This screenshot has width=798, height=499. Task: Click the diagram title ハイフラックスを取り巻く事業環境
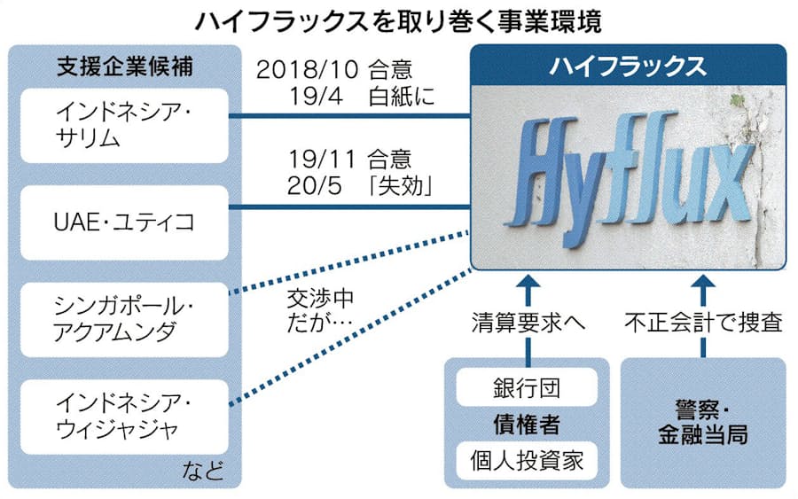pos(398,21)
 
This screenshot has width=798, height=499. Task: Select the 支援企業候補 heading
pos(125,66)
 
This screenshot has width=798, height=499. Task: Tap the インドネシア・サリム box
pos(124,126)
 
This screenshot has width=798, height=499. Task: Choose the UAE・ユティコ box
pos(124,222)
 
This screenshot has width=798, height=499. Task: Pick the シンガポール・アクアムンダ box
pos(124,319)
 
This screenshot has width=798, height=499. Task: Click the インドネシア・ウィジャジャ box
pos(124,417)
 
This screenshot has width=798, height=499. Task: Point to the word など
pos(203,471)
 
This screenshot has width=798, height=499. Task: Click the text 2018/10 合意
pos(334,70)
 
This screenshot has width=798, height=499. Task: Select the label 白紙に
pos(402,96)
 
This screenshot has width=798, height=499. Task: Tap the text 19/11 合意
pos(349,160)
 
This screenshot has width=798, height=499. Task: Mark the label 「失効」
pos(401,185)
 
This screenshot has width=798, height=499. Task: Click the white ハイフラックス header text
pos(628,66)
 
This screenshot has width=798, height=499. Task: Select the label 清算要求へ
pos(528,322)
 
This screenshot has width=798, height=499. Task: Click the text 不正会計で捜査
pos(703,322)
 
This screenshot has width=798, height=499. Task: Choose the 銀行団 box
pos(527,387)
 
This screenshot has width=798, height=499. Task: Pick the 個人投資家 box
pos(527,461)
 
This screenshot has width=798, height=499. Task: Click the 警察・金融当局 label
pos(703,423)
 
